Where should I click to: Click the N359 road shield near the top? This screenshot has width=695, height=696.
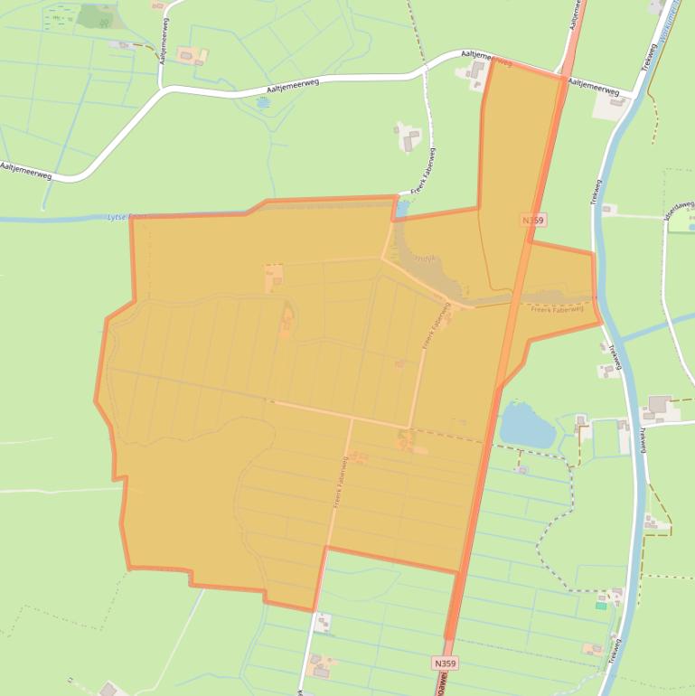533,220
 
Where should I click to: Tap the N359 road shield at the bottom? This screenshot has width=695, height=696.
444,663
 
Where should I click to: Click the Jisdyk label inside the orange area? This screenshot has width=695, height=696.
425,259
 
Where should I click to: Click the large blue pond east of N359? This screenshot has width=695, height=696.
526,425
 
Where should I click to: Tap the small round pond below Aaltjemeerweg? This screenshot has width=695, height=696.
262,103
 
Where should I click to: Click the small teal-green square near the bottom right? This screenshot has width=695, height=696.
601,606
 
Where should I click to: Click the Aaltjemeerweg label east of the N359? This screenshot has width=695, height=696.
594,87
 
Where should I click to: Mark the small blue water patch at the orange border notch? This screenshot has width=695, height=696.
402,208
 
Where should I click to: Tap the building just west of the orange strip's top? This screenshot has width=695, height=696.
475,71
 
